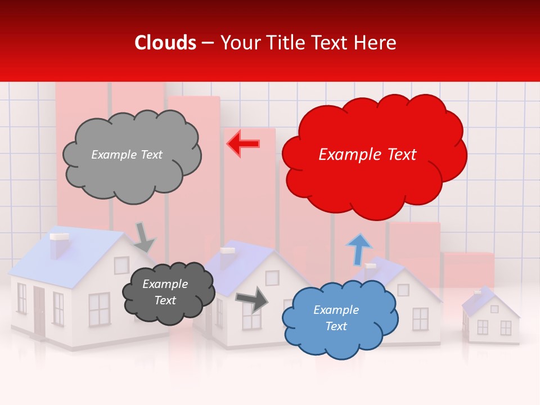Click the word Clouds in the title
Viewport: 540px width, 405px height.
165,43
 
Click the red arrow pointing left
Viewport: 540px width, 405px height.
243,143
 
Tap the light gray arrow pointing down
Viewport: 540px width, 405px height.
144,237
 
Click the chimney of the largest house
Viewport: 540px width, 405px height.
58,245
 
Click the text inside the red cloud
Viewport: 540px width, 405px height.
367,155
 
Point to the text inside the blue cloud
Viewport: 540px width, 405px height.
336,318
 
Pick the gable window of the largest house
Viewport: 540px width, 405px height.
121,265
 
